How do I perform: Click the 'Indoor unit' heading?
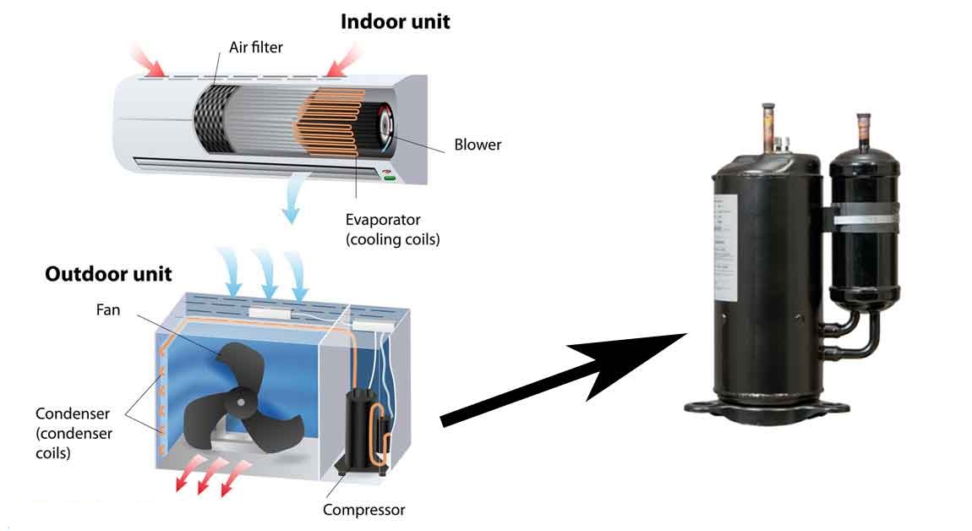tap(395, 22)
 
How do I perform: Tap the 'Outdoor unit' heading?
tap(108, 274)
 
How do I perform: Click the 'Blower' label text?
tap(478, 145)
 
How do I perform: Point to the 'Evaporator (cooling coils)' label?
tap(393, 229)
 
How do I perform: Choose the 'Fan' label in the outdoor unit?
tap(108, 310)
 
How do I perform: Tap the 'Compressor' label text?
tap(364, 510)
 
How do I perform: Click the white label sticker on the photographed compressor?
tap(723, 249)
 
